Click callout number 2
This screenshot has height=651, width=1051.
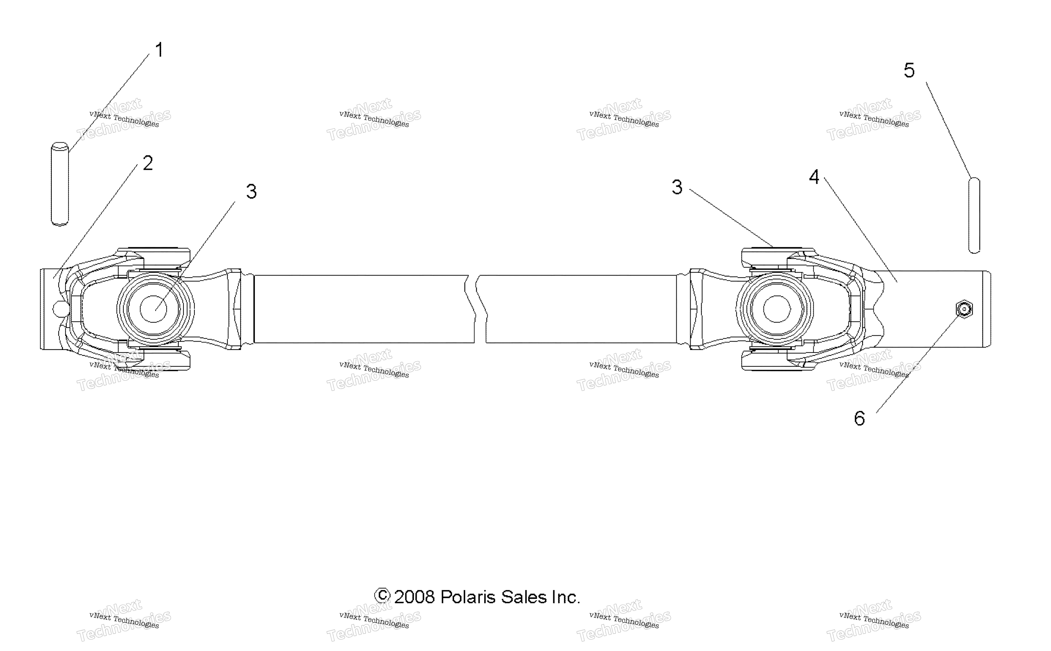(148, 163)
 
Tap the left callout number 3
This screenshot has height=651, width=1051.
(251, 192)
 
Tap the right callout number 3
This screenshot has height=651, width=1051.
(677, 187)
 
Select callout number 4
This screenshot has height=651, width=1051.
(814, 177)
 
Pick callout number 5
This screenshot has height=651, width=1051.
(909, 70)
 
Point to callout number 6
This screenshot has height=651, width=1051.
(860, 418)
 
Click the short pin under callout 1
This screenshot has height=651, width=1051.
(60, 184)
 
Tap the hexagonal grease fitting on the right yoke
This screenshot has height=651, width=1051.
(964, 309)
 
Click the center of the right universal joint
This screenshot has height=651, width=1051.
(777, 309)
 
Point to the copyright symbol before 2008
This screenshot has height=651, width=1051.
(382, 596)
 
